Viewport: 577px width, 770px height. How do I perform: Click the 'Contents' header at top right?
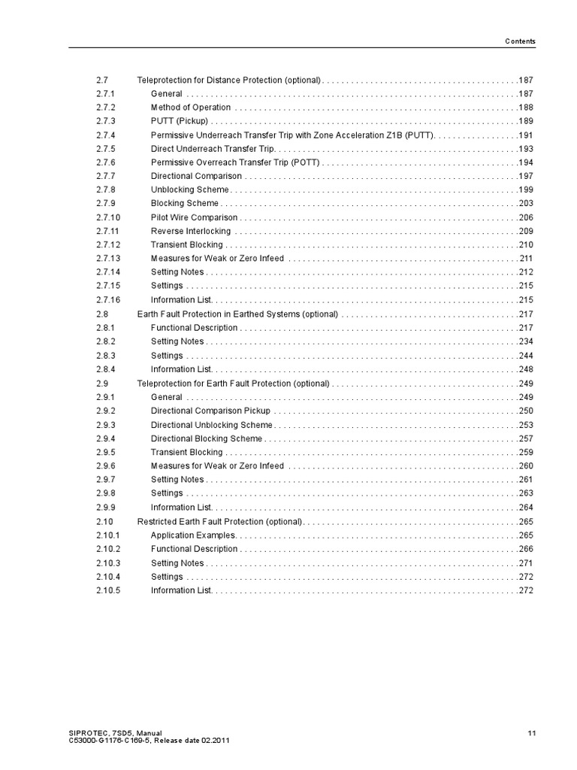(x=519, y=41)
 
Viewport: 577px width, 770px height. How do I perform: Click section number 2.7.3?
(x=106, y=121)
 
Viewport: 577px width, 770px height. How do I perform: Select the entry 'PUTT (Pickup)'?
(x=180, y=121)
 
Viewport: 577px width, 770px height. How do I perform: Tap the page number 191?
(x=526, y=135)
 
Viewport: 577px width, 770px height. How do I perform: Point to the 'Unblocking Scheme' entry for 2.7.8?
(x=190, y=189)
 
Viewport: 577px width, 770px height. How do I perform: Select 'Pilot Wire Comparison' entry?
(x=194, y=217)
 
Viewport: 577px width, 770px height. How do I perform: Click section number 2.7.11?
(x=108, y=231)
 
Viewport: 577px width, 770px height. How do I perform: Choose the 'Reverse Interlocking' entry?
(x=191, y=231)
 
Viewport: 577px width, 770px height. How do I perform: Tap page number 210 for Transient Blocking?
(x=526, y=245)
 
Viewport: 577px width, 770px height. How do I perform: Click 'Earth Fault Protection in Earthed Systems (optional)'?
(x=237, y=314)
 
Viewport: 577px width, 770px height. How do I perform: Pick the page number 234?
(x=526, y=341)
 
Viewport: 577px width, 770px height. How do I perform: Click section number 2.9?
(x=103, y=383)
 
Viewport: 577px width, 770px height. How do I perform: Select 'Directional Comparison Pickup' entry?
(x=210, y=411)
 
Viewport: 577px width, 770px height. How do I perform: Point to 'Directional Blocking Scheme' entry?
(x=207, y=438)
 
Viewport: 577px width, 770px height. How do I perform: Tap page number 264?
(x=526, y=508)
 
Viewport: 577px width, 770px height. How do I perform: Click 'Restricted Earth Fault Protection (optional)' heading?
(x=219, y=521)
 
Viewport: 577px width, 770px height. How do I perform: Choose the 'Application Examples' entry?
(x=193, y=535)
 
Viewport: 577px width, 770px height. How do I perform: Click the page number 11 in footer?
(x=531, y=733)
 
